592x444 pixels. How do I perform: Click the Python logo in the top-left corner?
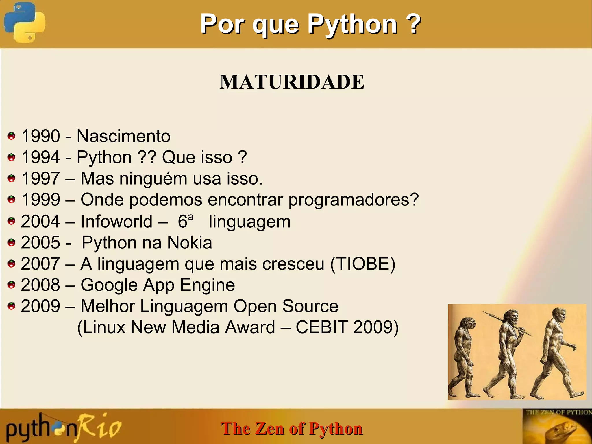pos(25,23)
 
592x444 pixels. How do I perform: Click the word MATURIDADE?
pos(292,82)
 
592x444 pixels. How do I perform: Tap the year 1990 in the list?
pos(41,136)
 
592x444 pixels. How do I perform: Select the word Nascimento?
pos(123,136)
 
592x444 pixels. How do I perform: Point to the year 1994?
pos(41,157)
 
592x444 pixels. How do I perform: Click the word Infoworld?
pos(116,222)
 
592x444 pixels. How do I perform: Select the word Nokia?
pos(190,243)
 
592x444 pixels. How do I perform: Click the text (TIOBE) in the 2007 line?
pos(362,264)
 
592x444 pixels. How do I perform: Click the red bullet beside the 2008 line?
pos(12,285)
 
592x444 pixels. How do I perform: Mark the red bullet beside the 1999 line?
pos(12,200)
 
